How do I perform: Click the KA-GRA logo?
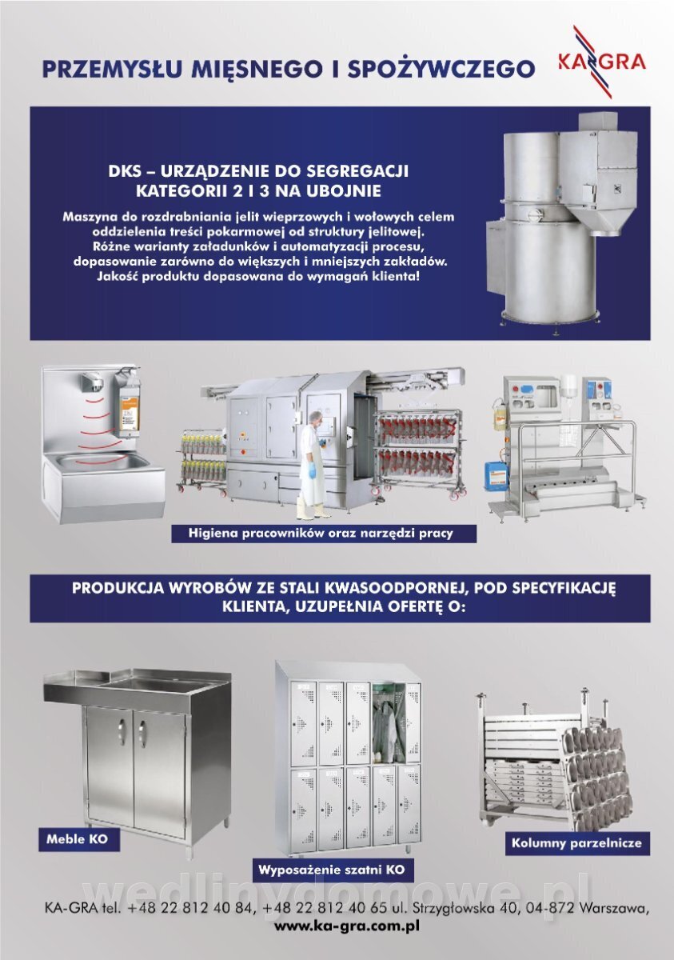(602, 62)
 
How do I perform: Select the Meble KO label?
(77, 838)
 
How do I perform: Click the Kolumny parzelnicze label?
(576, 843)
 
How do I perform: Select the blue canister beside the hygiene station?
(497, 475)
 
